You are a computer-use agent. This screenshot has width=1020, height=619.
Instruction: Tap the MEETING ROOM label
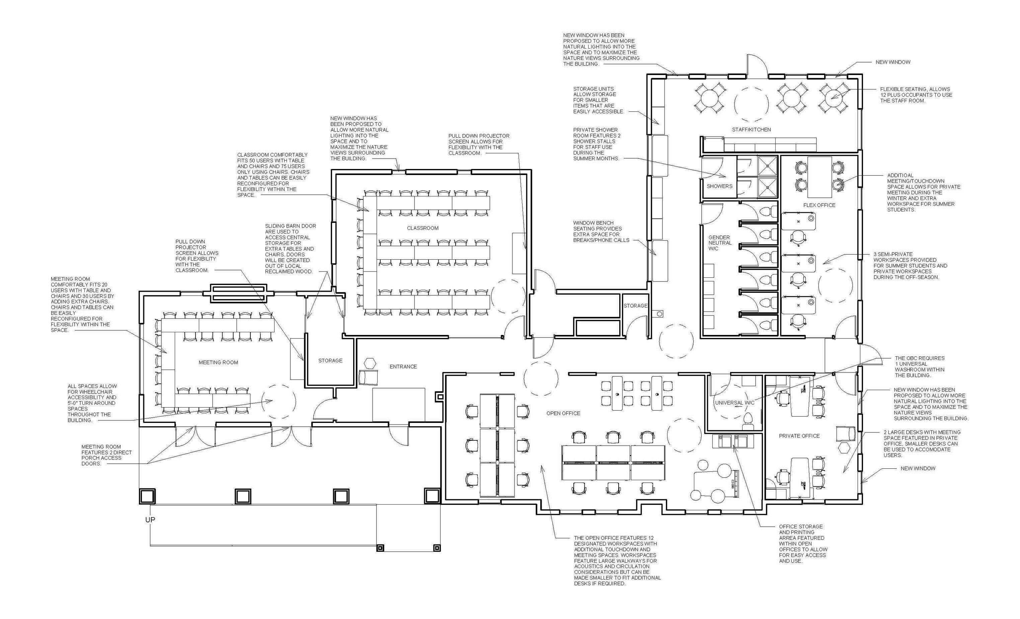click(218, 362)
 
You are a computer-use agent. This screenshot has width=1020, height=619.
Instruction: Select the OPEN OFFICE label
click(563, 413)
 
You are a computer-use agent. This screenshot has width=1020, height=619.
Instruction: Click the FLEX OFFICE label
click(819, 205)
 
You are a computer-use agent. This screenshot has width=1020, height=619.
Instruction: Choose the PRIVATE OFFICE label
click(799, 436)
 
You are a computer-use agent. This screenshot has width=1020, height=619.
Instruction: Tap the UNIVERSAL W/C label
click(734, 403)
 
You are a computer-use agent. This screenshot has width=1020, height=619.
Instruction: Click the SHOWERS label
click(719, 186)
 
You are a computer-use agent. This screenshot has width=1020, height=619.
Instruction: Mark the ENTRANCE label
click(403, 367)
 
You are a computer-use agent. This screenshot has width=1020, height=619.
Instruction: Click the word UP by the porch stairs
click(150, 519)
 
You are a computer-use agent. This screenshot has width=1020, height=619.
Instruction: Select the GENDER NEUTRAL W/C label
click(719, 243)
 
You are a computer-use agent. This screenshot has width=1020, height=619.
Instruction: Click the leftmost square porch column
click(147, 496)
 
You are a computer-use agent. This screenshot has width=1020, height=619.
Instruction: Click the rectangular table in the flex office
click(819, 177)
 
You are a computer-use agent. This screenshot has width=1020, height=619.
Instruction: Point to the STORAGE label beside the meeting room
click(330, 361)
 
